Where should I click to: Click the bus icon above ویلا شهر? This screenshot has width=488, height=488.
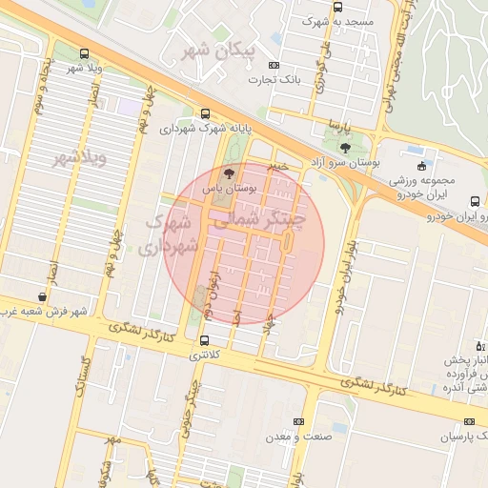coord(86,53)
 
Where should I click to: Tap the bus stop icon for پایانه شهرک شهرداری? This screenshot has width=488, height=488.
coord(206,112)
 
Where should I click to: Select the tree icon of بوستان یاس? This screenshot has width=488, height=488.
coord(227,173)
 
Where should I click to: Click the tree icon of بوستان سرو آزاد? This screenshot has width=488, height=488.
coord(344,148)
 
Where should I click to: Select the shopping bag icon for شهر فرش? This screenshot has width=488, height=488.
coord(41,296)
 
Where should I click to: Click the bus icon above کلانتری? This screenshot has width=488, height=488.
coord(204,339)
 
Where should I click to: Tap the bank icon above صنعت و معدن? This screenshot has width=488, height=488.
coord(299,421)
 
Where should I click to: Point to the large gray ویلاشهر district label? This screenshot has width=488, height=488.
coord(79,157)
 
